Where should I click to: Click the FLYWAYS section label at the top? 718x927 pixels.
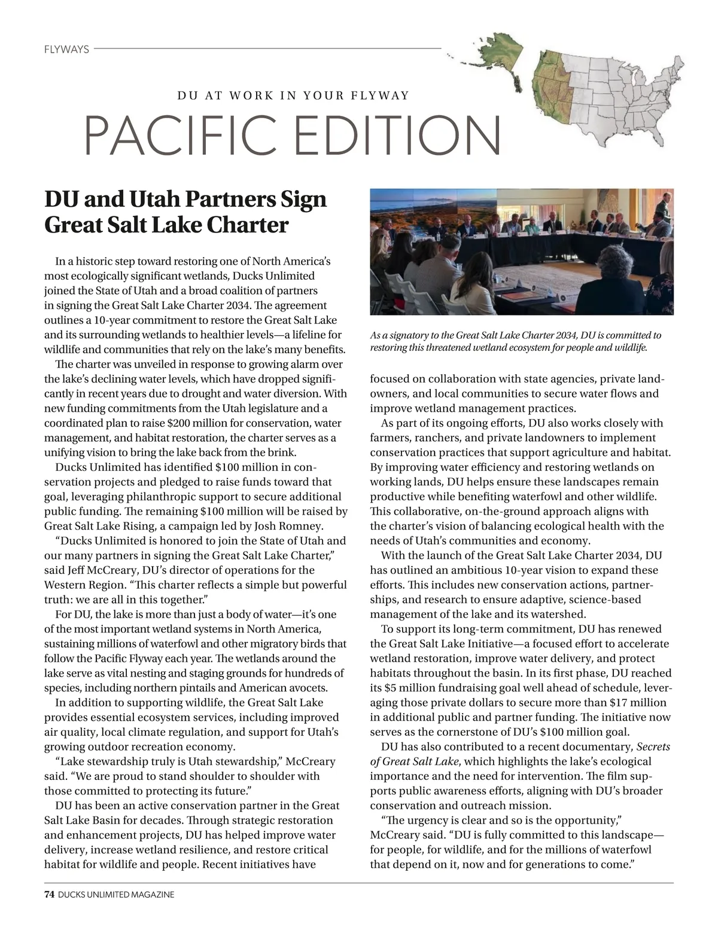pyautogui.click(x=66, y=49)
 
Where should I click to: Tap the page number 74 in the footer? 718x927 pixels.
pyautogui.click(x=49, y=894)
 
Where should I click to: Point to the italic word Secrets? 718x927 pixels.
pyautogui.click(x=653, y=747)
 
